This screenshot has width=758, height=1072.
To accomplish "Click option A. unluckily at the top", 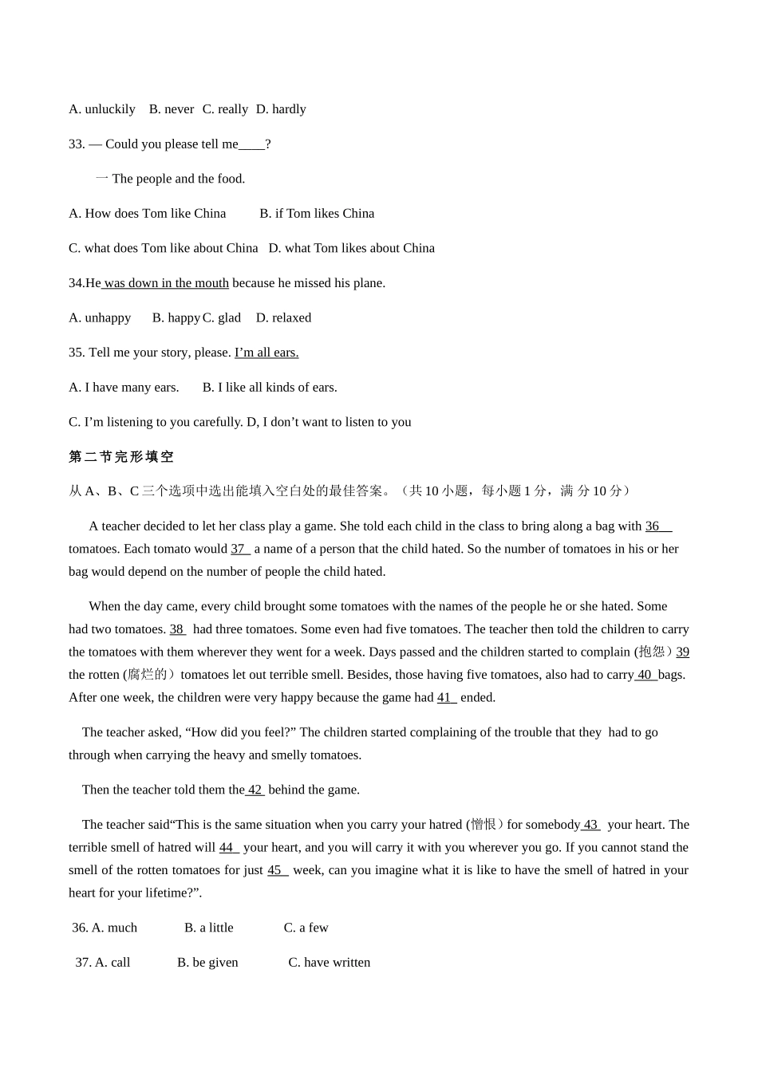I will click(x=102, y=109).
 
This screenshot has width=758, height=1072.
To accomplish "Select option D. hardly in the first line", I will click(x=281, y=109).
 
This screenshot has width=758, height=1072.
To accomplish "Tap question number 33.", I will click(x=77, y=144).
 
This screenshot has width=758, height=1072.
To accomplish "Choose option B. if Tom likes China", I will click(x=317, y=214).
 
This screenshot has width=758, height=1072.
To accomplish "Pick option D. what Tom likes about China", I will click(x=352, y=248).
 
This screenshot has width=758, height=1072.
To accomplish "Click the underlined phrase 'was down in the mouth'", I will click(x=166, y=283).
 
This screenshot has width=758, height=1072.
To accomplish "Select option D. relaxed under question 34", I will click(x=283, y=317).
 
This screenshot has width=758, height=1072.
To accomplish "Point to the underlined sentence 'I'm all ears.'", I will click(x=266, y=353).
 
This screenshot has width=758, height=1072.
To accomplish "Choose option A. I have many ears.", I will click(x=124, y=388).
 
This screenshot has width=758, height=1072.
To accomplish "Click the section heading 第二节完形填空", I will click(x=121, y=457).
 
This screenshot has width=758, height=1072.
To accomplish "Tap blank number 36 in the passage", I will click(x=657, y=526).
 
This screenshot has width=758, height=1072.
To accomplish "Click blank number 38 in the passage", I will click(x=177, y=629).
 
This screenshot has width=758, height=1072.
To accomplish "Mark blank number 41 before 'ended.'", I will click(x=446, y=698).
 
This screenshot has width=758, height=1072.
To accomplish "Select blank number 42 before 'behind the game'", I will click(x=255, y=790).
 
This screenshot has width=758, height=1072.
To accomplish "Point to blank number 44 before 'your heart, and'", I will click(x=228, y=848).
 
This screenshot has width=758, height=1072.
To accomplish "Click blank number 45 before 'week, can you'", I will click(x=277, y=870).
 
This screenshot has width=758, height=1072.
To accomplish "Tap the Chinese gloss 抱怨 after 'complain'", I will click(x=653, y=652).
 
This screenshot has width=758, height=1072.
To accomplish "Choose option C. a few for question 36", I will click(x=306, y=928).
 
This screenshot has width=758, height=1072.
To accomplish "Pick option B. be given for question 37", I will click(x=207, y=963).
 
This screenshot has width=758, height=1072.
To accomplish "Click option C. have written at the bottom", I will click(x=329, y=963).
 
